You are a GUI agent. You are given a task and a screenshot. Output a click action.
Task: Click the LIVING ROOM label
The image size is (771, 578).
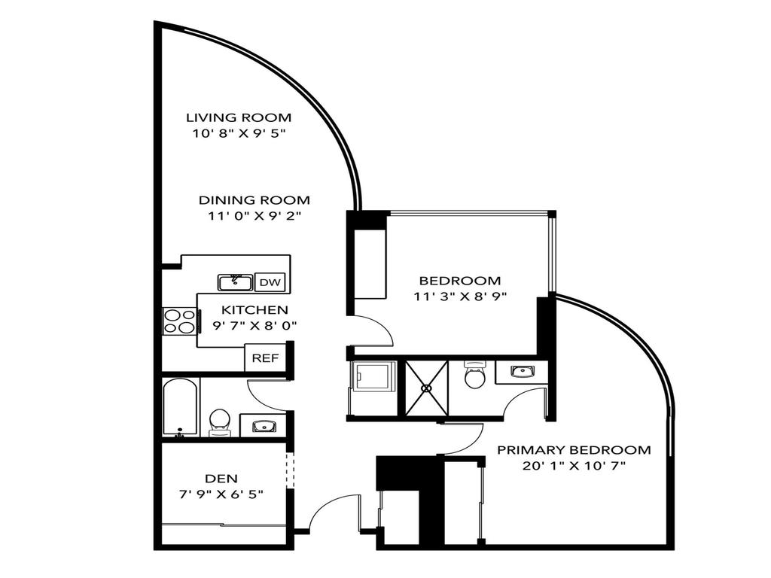tap(239, 117)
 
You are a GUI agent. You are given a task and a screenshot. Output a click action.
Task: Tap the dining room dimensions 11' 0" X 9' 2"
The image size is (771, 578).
tap(254, 216)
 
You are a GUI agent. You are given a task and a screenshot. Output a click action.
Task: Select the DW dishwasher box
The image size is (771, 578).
tap(271, 283)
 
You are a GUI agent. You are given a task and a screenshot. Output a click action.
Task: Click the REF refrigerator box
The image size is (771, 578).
tap(265, 358)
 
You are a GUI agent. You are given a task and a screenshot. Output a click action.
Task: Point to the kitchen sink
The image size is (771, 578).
tap(236, 282)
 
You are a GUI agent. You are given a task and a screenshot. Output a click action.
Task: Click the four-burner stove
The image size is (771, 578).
tap(179, 321)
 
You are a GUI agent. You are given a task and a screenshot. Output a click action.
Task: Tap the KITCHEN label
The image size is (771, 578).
tap(254, 309)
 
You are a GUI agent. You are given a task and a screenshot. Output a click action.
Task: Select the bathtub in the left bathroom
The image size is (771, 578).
tap(181, 407)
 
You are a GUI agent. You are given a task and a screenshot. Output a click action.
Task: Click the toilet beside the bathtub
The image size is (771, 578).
tap(219, 421)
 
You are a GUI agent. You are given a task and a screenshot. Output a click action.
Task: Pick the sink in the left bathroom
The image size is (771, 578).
tap(263, 426)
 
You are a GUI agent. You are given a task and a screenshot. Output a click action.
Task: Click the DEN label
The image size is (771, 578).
tap(221, 479)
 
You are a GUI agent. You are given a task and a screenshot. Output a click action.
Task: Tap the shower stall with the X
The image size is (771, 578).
tap(427, 388)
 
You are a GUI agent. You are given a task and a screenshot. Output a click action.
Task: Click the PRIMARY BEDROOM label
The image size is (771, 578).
tap(574, 450)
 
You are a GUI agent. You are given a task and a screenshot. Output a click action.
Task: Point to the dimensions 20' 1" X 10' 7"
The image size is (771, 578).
tap(574, 466)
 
